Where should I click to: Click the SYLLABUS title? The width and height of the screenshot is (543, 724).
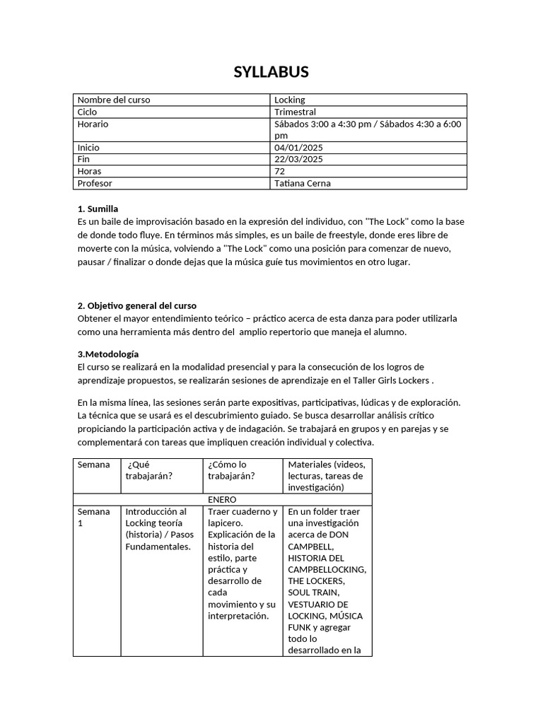[271, 72]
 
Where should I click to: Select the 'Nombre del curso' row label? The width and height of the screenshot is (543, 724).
[114, 100]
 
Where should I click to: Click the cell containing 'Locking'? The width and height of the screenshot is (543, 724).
[290, 100]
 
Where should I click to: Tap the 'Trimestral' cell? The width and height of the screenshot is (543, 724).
[295, 112]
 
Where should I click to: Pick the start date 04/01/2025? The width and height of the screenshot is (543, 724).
[298, 148]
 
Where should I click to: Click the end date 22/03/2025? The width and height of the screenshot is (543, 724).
[298, 160]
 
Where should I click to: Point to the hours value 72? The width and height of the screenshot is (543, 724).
[280, 172]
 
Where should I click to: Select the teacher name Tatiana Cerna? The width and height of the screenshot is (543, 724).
[303, 184]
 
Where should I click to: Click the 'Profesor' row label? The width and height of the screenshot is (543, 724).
[95, 184]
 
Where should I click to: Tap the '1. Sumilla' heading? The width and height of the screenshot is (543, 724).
[98, 209]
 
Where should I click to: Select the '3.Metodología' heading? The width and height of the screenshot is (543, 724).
[108, 354]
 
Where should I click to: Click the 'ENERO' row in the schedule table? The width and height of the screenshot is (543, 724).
[222, 499]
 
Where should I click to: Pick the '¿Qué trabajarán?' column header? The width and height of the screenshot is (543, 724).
[149, 470]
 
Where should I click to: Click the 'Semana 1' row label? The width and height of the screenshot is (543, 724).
[93, 518]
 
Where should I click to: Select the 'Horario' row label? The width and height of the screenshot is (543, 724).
[93, 124]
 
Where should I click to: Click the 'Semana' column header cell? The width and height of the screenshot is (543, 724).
[94, 465]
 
